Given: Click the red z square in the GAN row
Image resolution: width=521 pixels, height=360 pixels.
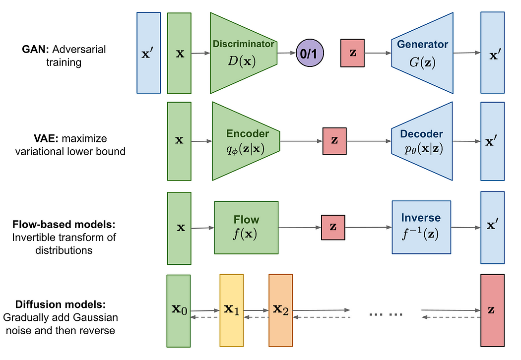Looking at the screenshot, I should (353, 53).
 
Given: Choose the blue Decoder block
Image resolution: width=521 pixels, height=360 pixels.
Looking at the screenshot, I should (422, 141).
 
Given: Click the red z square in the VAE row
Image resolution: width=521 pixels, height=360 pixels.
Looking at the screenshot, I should (334, 141).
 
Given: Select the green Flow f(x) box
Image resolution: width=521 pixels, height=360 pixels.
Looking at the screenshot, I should (246, 227).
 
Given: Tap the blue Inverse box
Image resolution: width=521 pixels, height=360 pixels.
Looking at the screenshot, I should (421, 227).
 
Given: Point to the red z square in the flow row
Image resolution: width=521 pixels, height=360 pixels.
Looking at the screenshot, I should (333, 227).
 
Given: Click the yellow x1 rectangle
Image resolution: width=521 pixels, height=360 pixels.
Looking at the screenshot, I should (232, 310).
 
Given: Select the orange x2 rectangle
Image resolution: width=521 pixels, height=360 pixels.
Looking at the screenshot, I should (281, 310).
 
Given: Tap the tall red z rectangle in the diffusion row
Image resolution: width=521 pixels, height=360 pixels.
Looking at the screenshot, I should (492, 310).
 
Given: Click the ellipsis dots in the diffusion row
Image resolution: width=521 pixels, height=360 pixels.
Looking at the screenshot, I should (386, 314).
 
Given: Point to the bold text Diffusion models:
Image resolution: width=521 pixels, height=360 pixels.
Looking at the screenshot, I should (61, 304).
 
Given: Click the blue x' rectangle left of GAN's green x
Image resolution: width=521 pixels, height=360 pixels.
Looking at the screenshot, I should (148, 53).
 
